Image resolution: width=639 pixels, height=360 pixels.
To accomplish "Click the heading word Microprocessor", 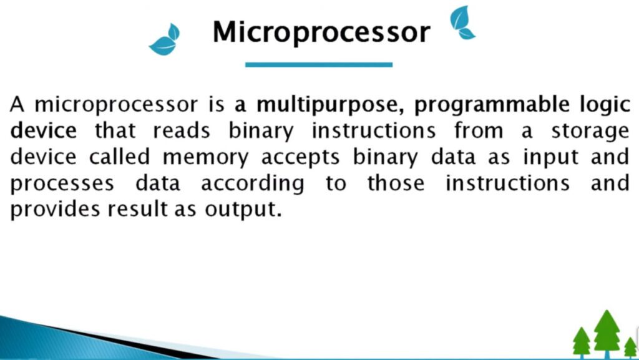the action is click(x=321, y=32).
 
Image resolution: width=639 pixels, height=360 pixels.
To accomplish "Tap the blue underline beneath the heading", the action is click(x=319, y=64).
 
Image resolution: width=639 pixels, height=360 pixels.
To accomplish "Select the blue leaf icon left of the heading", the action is click(x=165, y=39).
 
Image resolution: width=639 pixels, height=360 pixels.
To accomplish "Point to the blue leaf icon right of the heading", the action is click(x=462, y=23).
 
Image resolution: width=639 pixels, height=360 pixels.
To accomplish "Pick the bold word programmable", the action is click(x=492, y=105).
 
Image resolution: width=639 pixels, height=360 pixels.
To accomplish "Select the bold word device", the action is click(x=43, y=130).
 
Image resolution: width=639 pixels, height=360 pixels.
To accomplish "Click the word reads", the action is click(x=182, y=131).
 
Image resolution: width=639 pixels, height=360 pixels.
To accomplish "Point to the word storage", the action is click(x=590, y=132).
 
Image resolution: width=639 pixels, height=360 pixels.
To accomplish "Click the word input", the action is click(x=551, y=158).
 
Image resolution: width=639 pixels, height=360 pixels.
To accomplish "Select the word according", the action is click(x=253, y=184).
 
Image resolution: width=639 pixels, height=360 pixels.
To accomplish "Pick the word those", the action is click(x=396, y=183).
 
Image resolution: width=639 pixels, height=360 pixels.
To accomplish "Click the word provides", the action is click(x=55, y=210).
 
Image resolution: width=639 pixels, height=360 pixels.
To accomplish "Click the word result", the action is click(x=138, y=209).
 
